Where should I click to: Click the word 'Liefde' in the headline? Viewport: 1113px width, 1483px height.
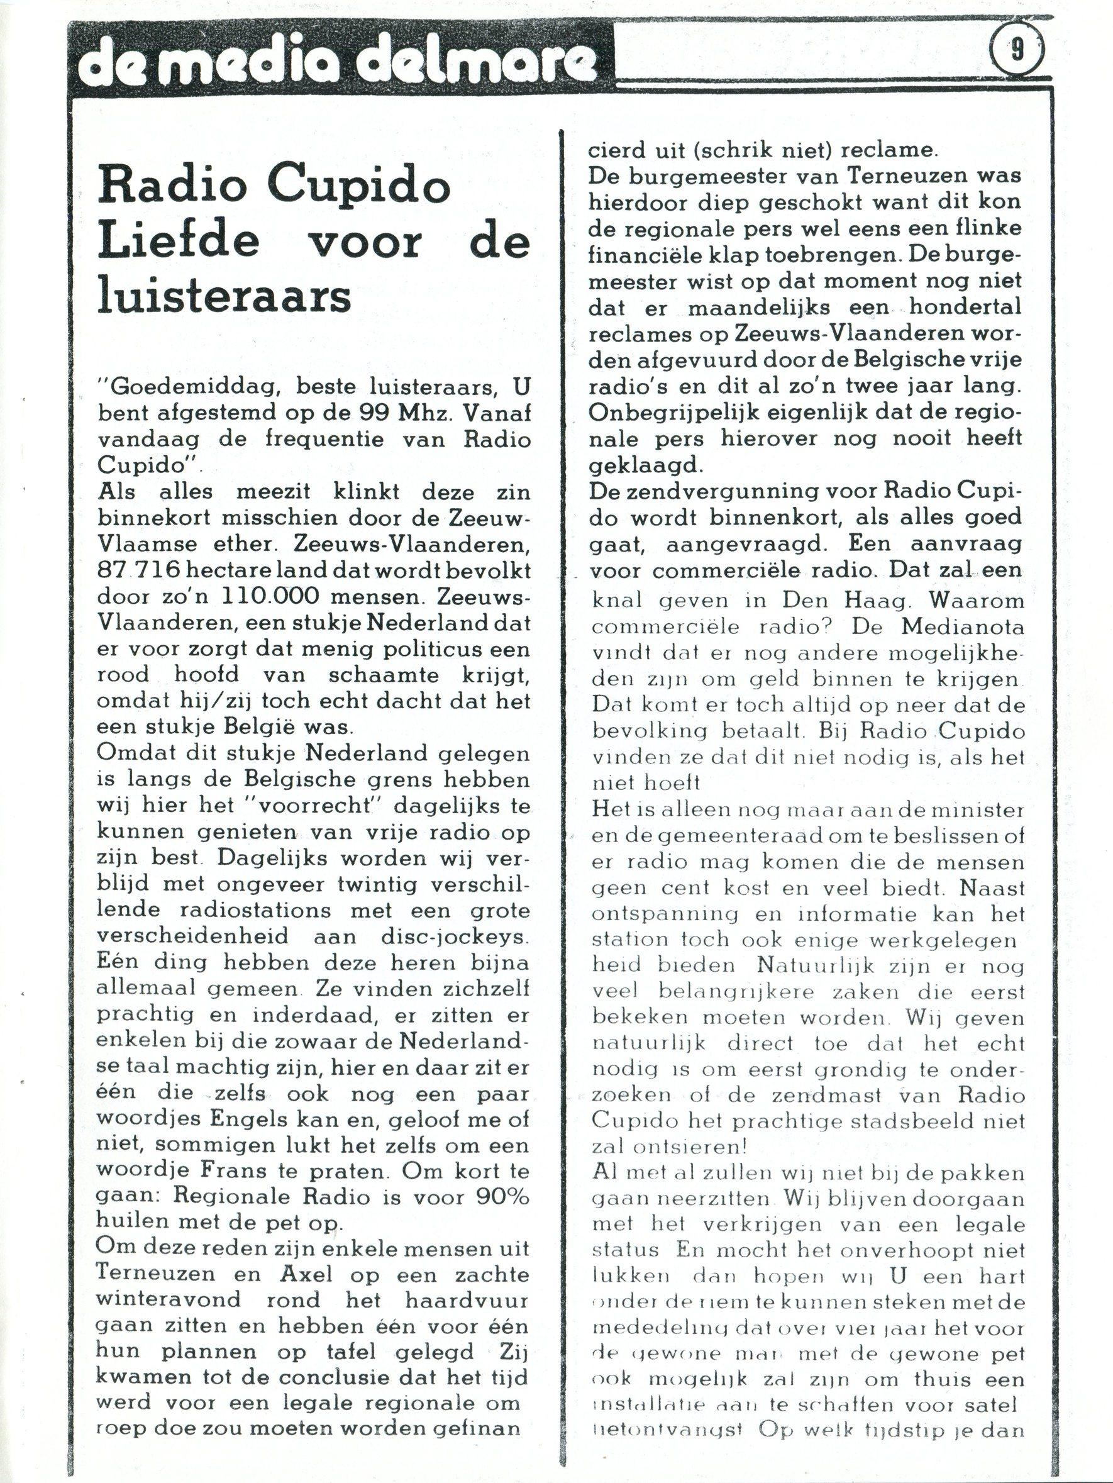[x=179, y=242]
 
